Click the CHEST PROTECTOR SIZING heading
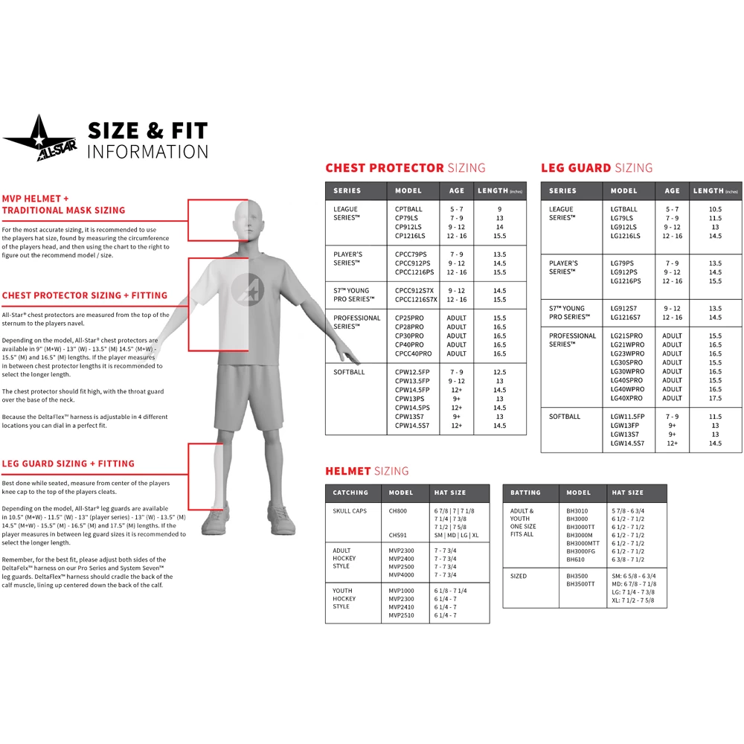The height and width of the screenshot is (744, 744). (x=405, y=168)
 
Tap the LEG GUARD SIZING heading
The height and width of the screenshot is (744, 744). (x=597, y=168)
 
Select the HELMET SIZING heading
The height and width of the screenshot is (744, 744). (x=367, y=471)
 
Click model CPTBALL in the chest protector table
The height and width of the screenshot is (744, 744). (x=408, y=210)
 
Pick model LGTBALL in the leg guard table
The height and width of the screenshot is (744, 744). (x=624, y=210)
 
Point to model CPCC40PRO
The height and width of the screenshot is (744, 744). (x=414, y=354)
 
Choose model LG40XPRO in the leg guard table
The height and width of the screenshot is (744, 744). (x=627, y=399)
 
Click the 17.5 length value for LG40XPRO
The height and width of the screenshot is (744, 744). (x=715, y=399)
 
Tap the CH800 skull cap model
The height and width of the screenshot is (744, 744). (x=398, y=511)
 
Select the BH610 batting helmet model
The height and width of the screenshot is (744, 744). (x=576, y=559)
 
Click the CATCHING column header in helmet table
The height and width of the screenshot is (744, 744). (x=350, y=493)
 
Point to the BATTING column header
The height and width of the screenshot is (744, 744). (x=526, y=493)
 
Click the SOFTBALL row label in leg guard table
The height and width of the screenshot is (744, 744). (x=565, y=417)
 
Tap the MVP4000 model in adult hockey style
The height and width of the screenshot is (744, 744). (x=401, y=575)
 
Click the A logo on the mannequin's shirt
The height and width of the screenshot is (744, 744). (x=246, y=289)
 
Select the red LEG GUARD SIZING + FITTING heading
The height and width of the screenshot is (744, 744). (x=68, y=464)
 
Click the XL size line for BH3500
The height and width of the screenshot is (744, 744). (x=633, y=600)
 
